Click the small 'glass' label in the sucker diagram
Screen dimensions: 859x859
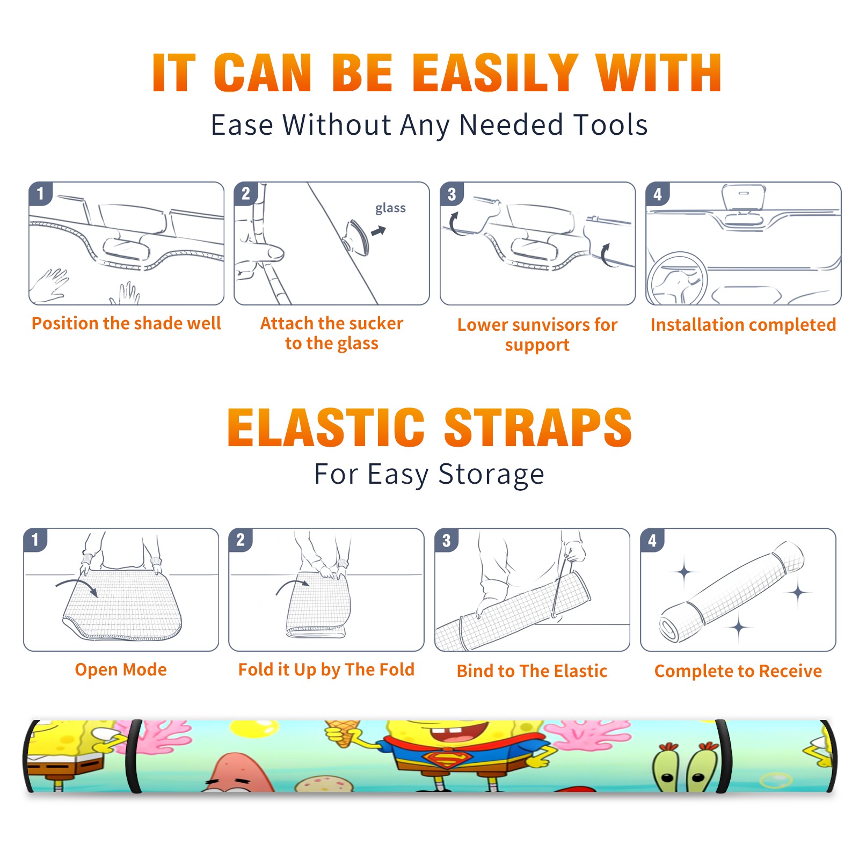point(390,208)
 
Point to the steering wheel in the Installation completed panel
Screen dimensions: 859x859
point(677,279)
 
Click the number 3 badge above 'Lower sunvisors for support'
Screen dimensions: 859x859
point(452,194)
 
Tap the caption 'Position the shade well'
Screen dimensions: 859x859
point(126,323)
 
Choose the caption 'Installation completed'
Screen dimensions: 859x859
point(743,325)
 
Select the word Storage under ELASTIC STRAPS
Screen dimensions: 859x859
point(491,475)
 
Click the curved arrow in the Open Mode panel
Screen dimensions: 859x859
point(76,586)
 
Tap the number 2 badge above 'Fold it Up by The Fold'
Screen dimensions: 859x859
point(240,540)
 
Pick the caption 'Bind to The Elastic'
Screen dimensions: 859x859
point(532,671)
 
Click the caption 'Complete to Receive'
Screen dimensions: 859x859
point(738,671)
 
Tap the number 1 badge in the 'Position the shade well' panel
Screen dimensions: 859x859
point(40,193)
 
